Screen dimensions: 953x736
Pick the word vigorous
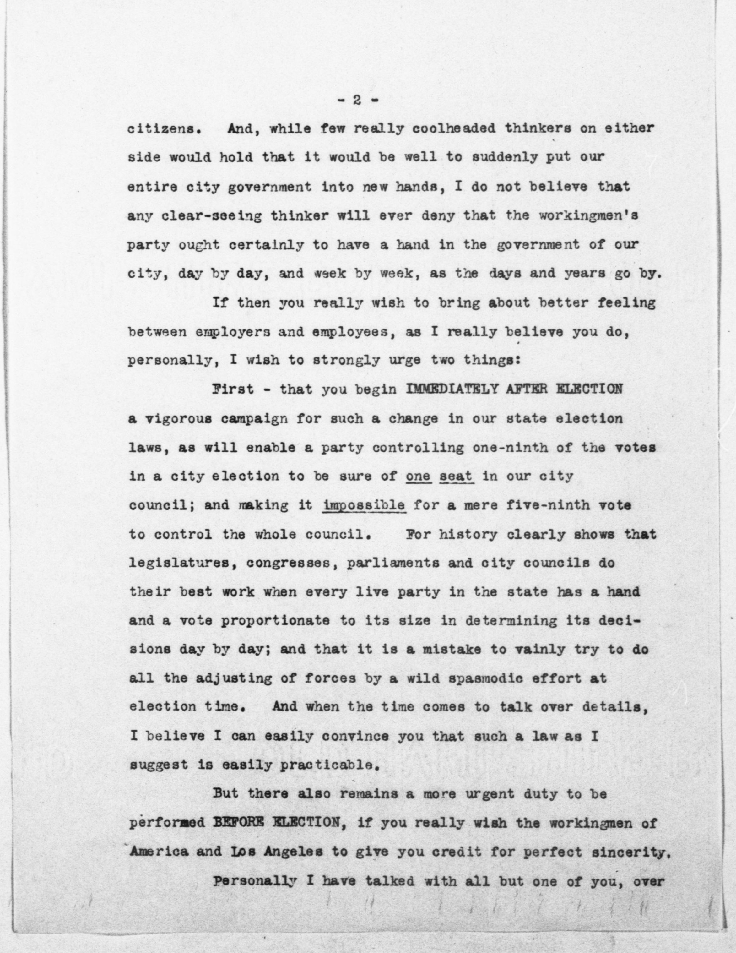[x=178, y=419]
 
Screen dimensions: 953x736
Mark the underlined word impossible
[x=365, y=505]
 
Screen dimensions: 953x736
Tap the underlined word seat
[x=456, y=476]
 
